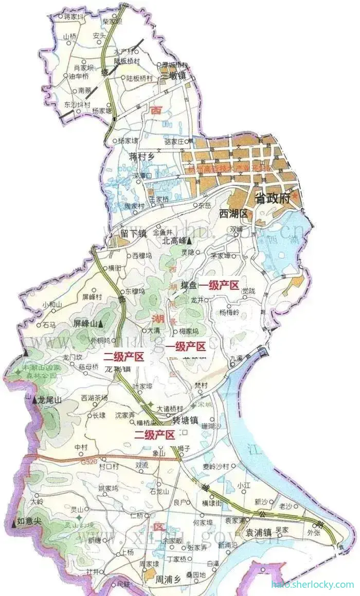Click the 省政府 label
point(275,199)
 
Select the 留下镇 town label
point(134,233)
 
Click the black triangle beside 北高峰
point(190,240)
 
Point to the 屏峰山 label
point(85,324)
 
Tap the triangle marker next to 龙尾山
point(35,400)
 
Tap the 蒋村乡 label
point(142,156)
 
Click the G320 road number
point(88,463)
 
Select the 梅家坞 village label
point(189,331)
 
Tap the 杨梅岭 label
point(230,312)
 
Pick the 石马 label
point(49,325)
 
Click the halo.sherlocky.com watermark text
point(312,584)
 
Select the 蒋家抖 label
point(75,17)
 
